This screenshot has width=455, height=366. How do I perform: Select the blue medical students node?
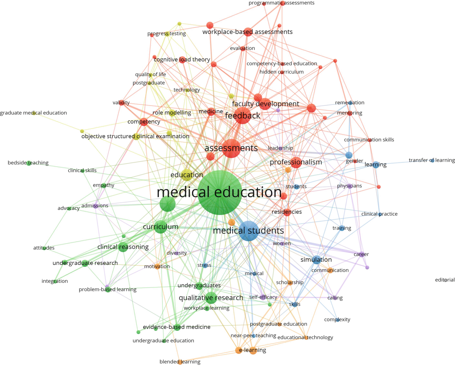pos(249,231)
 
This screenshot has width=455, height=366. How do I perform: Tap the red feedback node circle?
pos(243,115)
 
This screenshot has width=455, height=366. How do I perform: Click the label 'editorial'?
pos(445,280)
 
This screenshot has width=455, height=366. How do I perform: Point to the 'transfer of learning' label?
pos(431,160)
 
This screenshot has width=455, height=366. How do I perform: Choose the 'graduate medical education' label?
pos(33,113)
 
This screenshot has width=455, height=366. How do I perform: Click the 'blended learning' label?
pos(180,362)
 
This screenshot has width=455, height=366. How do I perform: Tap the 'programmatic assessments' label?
pos(281,3)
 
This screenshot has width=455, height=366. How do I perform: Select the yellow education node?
pos(187,175)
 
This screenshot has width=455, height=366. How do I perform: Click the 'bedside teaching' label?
pos(28,163)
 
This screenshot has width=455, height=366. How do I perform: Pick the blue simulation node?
pos(316,260)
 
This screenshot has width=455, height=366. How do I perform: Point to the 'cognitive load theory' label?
pos(182,60)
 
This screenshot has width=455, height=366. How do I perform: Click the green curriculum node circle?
pos(161,227)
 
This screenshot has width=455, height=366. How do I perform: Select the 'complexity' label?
pos(337,320)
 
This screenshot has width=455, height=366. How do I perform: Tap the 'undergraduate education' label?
pos(163,341)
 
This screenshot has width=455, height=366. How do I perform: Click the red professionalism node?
pos(296,162)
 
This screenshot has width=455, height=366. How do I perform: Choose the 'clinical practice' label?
pos(379,214)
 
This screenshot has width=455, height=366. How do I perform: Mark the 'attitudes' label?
pos(44,248)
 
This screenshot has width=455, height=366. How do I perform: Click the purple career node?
pos(362,255)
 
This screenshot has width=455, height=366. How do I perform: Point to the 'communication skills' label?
pos(369,140)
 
